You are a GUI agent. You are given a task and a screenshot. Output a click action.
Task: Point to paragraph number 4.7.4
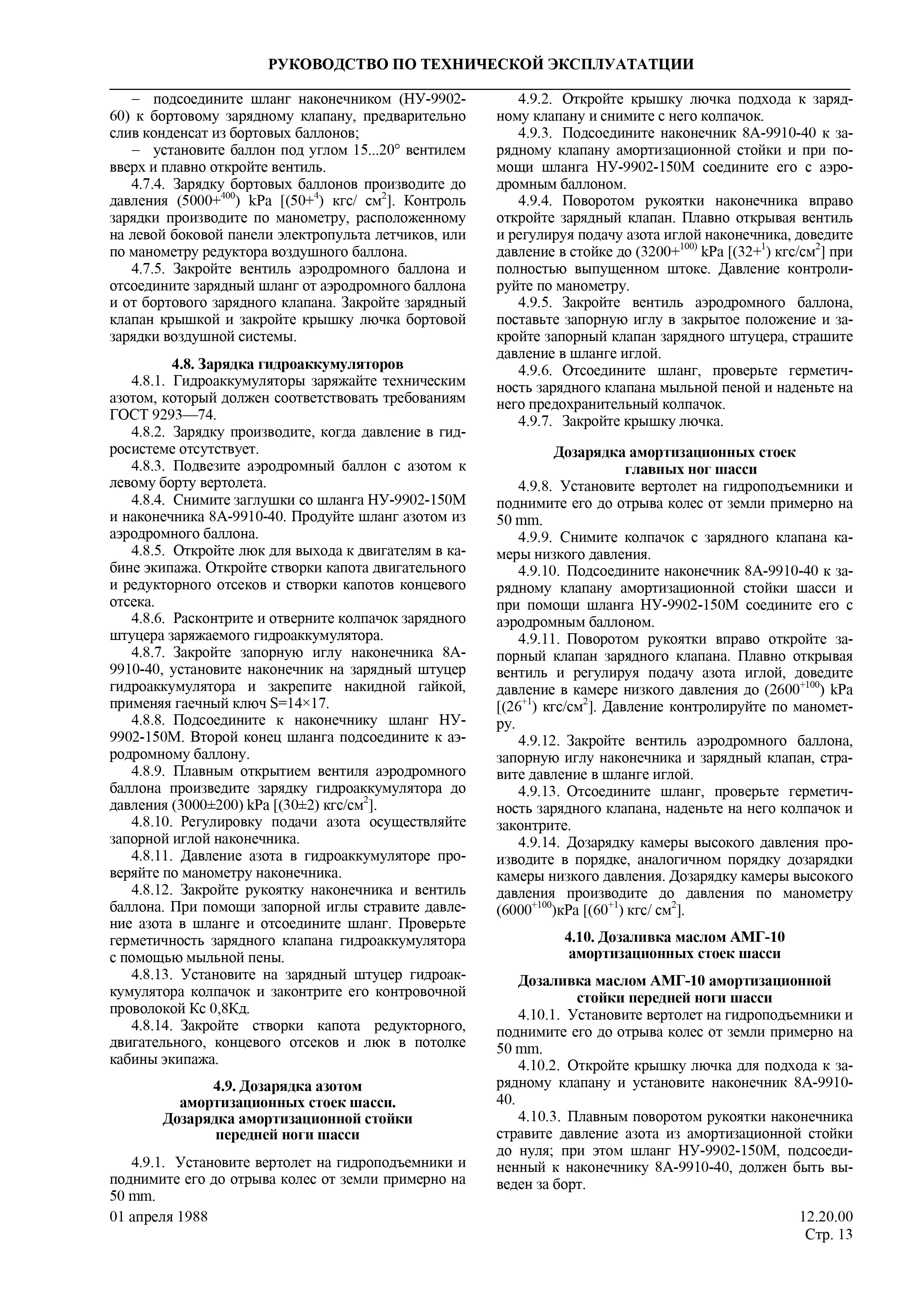click(149, 184)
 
